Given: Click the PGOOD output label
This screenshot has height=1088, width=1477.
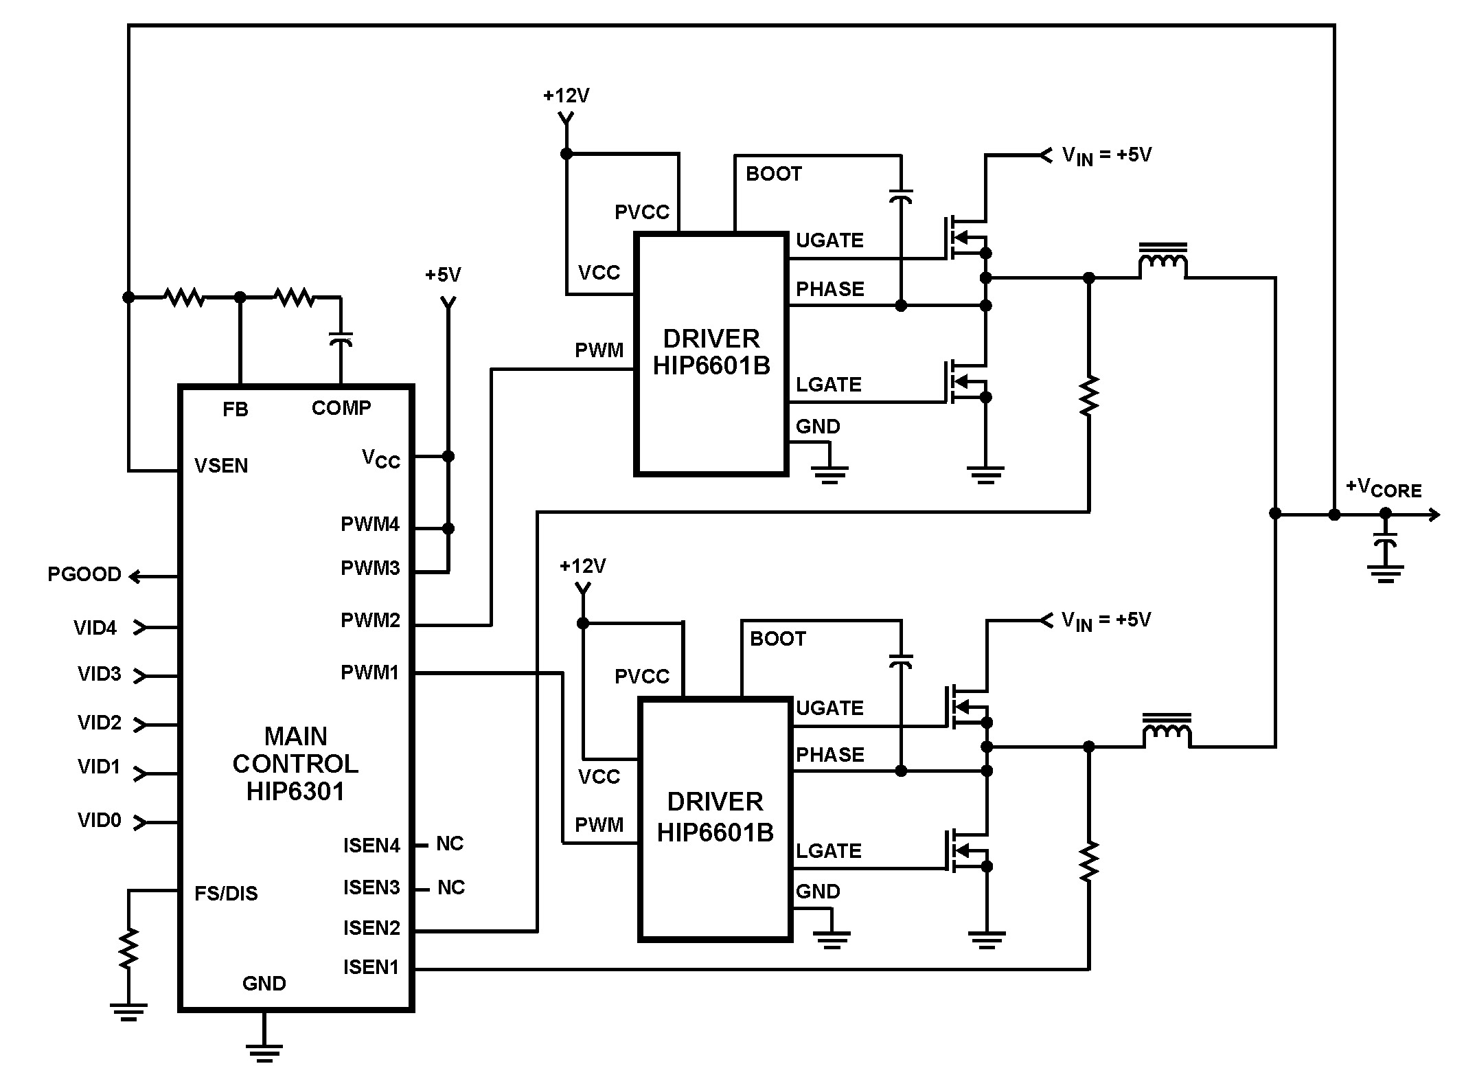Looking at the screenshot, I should coord(84,574).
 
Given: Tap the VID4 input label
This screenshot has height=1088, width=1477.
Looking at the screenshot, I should coord(95,628).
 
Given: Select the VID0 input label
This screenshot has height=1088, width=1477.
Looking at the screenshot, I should coord(99,820).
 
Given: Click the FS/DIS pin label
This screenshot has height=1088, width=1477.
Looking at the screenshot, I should coord(226,894).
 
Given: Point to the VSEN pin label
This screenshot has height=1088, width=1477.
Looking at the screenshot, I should coord(221,466).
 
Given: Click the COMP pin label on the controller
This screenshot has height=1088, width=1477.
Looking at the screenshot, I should coord(341,409).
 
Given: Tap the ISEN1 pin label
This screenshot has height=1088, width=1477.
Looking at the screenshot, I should coord(371,967).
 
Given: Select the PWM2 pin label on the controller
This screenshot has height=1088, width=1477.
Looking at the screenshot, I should coord(370,621).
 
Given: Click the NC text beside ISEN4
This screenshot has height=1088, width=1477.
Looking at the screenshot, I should coord(450,843).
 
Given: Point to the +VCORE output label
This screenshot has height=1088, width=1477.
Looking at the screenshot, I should coord(1383,488).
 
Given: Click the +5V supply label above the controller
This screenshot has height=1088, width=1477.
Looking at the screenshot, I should coord(443,275).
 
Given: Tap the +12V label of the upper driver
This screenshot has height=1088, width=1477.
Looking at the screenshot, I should coord(566,96).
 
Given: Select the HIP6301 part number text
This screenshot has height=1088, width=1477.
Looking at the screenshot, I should coord(295,792).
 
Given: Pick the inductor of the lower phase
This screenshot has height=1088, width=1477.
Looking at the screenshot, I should coord(1167,731).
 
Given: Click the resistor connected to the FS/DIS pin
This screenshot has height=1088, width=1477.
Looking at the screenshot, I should coord(128,948).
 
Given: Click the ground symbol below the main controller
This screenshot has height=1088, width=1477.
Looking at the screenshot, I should coord(264,1052).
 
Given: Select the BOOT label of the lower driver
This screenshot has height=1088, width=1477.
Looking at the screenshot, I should coord(777,639).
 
